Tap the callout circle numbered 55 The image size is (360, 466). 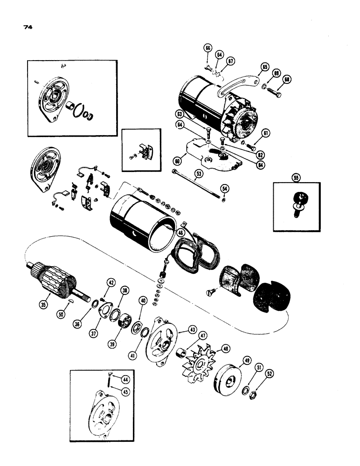click(x=295, y=177)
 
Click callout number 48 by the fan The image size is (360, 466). click(x=226, y=348)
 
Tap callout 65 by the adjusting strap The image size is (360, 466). click(x=264, y=68)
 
